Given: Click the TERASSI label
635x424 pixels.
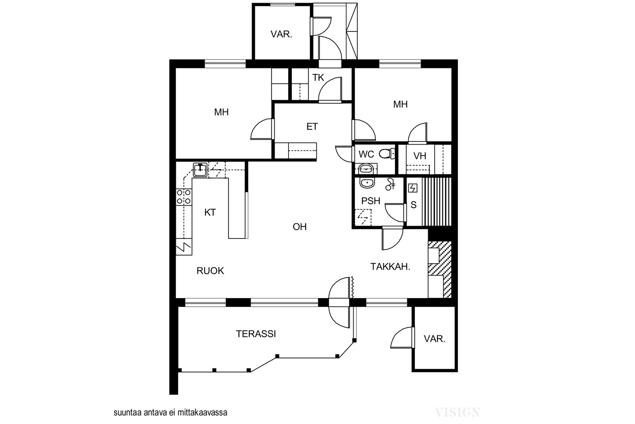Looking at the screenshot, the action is pyautogui.click(x=256, y=334).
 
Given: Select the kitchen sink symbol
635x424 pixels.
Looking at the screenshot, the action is pyautogui.click(x=200, y=170).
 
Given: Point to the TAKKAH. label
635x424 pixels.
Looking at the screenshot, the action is pyautogui.click(x=391, y=267).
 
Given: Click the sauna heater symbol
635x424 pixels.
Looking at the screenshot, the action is pyautogui.click(x=413, y=188).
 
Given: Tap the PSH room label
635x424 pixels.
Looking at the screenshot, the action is pyautogui.click(x=371, y=201).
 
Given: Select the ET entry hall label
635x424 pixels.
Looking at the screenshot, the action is pyautogui.click(x=312, y=127).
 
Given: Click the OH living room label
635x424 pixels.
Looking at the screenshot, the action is pyautogui.click(x=300, y=227).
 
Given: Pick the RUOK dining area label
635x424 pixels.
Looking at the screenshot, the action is pyautogui.click(x=210, y=271).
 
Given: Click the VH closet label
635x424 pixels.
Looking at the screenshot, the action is pyautogui.click(x=419, y=156).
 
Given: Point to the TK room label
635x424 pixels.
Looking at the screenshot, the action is pyautogui.click(x=318, y=77).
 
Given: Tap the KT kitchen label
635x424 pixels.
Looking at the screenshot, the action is pyautogui.click(x=210, y=213).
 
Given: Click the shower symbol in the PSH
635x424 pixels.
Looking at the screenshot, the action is pyautogui.click(x=391, y=184).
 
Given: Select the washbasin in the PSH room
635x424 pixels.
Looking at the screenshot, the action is pyautogui.click(x=367, y=183).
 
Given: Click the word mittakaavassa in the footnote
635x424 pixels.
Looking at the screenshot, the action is pyautogui.click(x=202, y=412).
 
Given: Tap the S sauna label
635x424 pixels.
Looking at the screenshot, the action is pyautogui.click(x=414, y=205).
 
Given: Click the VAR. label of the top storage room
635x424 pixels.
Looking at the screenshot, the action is pyautogui.click(x=281, y=34).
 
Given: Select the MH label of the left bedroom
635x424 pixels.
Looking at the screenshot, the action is pyautogui.click(x=221, y=112).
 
